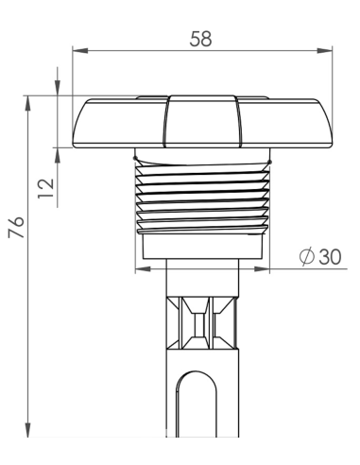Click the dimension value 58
200,39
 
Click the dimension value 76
16,227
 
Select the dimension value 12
46,188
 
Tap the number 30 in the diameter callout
330,257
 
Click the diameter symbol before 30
307,256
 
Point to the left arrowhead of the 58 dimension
80,50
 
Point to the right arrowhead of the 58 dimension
324,50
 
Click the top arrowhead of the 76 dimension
28,103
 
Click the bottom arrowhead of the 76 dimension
28,429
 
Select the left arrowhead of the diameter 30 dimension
143,268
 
